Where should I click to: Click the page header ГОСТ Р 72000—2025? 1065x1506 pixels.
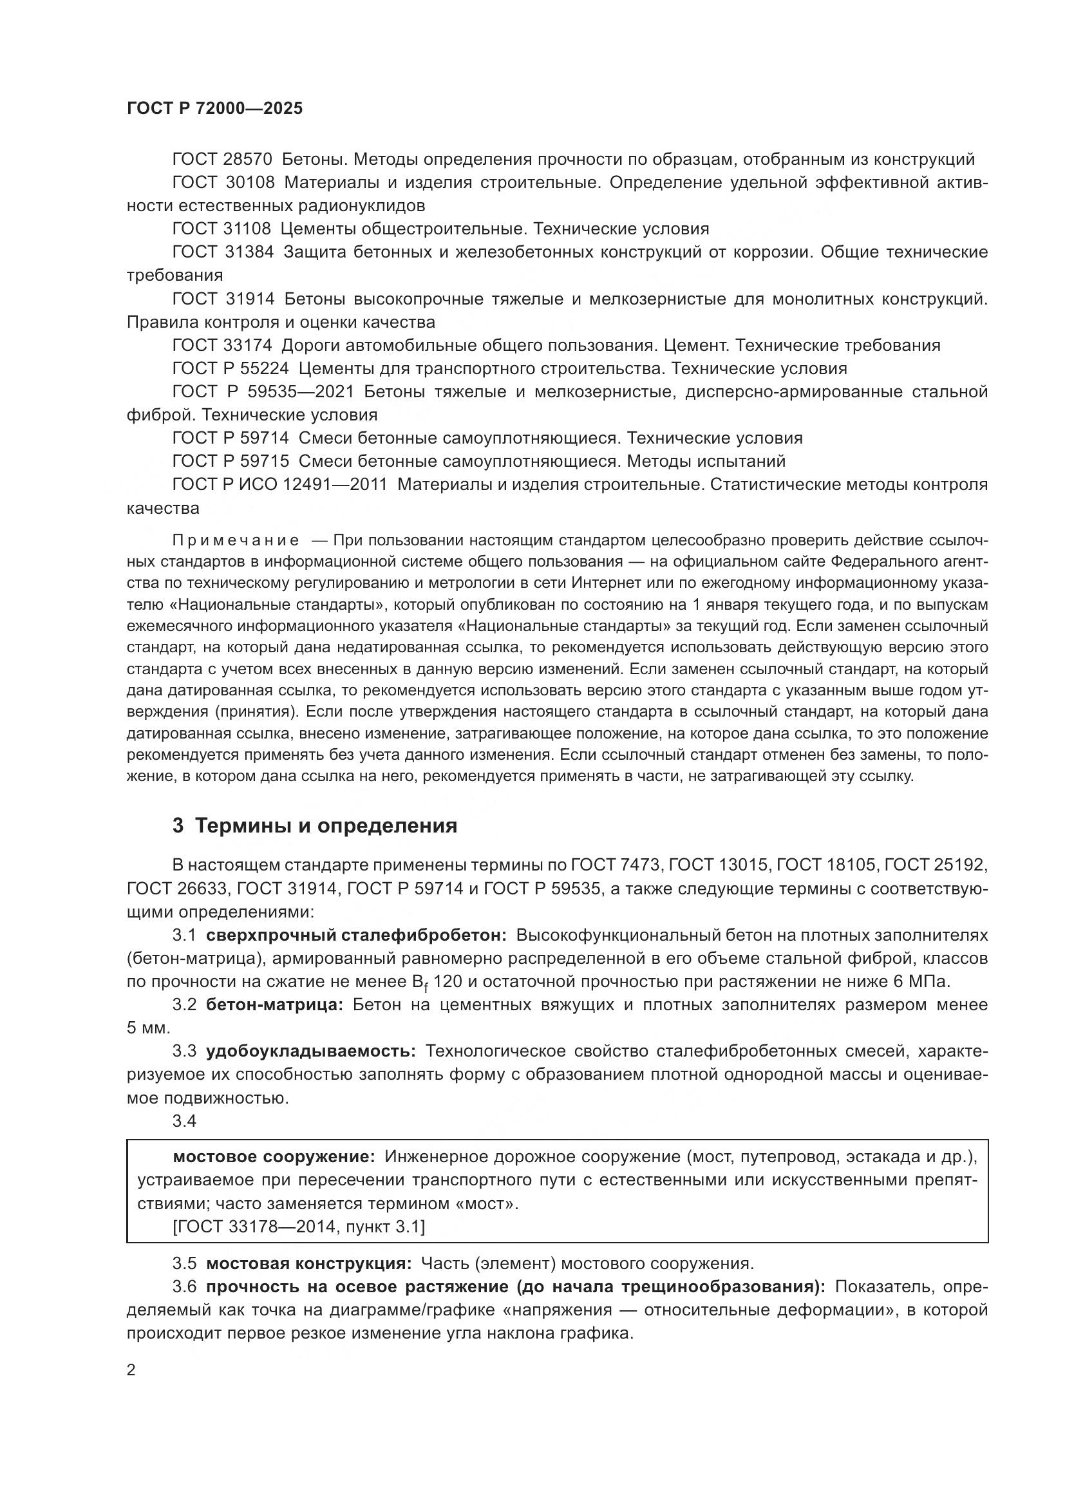[x=214, y=109]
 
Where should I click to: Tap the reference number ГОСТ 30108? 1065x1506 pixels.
[x=223, y=182]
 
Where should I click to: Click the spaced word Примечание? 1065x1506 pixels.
[x=236, y=540]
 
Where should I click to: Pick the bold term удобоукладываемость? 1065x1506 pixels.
[x=311, y=1051]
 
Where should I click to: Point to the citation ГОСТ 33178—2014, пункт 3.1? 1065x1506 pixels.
[x=298, y=1227]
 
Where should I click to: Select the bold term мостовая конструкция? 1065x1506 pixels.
[x=309, y=1264]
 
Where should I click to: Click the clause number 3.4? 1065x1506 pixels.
[x=184, y=1121]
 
